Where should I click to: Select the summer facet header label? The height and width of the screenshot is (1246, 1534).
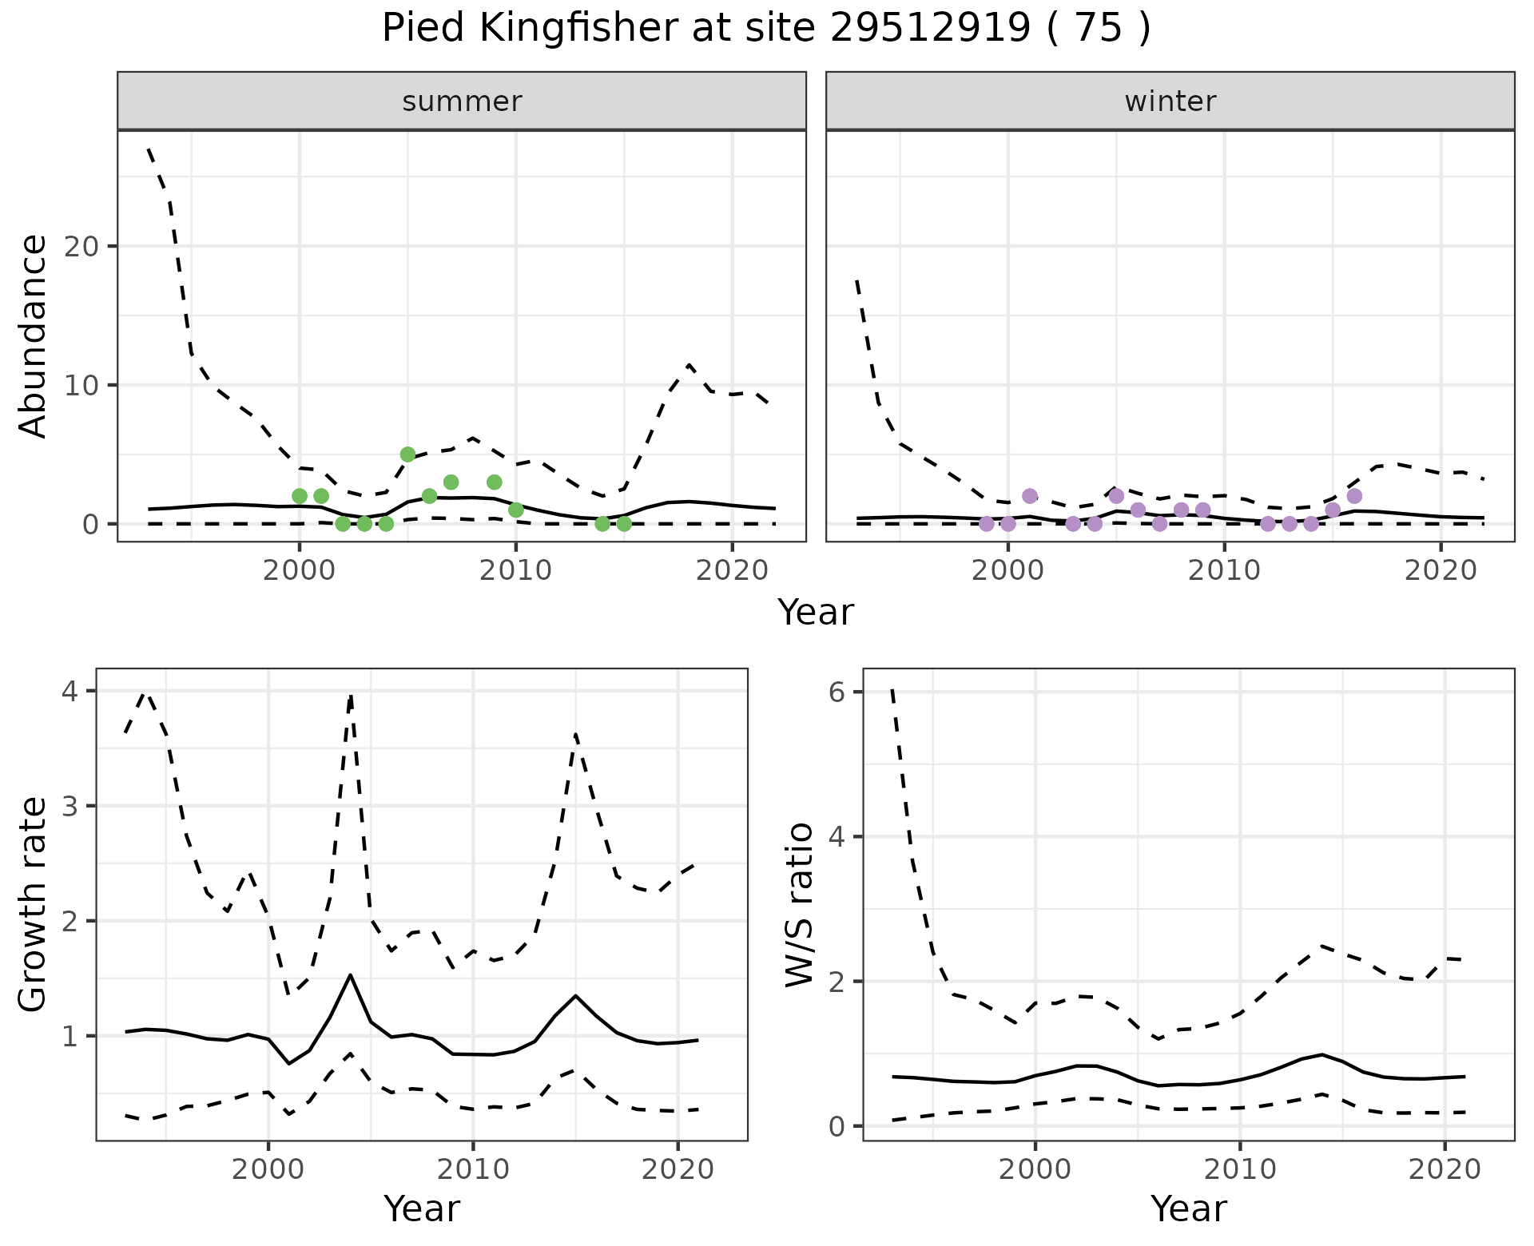(x=462, y=101)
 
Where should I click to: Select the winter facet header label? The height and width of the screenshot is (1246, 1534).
(x=1170, y=101)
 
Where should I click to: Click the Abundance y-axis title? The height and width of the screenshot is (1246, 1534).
(x=34, y=335)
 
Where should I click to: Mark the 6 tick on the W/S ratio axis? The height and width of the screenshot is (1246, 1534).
(x=837, y=692)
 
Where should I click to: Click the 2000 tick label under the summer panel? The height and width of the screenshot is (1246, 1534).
(x=300, y=570)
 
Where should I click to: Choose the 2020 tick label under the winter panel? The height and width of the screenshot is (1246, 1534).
(x=1440, y=570)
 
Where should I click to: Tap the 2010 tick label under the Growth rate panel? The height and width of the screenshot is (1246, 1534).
(x=473, y=1170)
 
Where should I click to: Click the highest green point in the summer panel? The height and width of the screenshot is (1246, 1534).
(x=407, y=454)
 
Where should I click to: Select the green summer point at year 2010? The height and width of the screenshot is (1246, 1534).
(x=516, y=510)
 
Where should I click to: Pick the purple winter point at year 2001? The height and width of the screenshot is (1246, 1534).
(x=1030, y=496)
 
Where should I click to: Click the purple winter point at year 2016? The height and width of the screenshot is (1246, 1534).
(x=1354, y=496)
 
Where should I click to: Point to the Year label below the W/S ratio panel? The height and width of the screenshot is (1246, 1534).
(x=1188, y=1209)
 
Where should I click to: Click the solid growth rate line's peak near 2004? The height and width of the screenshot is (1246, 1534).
(x=350, y=975)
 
